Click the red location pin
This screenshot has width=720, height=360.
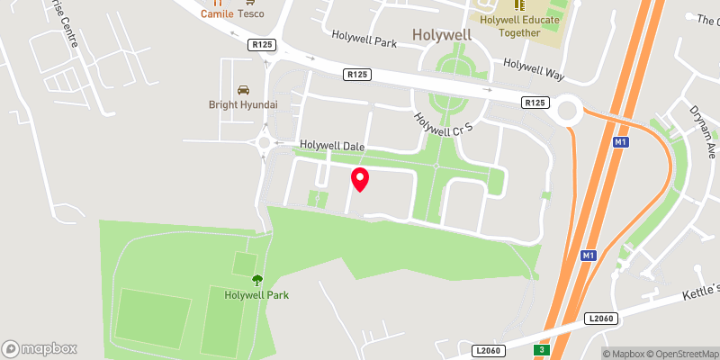360,179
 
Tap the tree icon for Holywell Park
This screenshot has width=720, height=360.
257,280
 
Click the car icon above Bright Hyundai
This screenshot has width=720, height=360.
243,90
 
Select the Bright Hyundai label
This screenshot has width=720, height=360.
243,105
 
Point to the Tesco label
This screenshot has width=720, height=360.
250,13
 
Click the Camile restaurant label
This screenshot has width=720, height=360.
217,13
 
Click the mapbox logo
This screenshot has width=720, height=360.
40,348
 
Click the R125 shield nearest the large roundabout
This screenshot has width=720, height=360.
535,103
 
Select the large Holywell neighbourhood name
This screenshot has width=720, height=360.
442,35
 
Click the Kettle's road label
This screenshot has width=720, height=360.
698,290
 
